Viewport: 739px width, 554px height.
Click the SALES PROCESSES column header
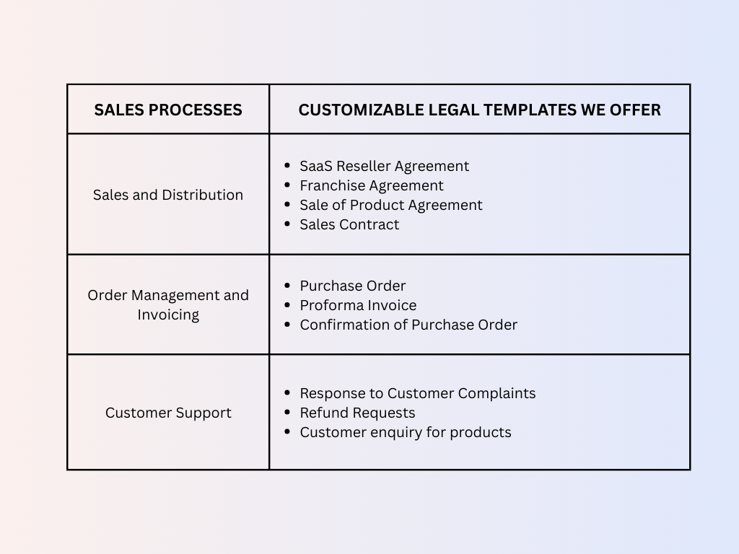pyautogui.click(x=168, y=110)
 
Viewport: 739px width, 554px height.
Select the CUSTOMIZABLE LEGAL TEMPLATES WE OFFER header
pyautogui.click(x=479, y=110)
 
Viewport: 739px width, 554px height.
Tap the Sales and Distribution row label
pyautogui.click(x=168, y=195)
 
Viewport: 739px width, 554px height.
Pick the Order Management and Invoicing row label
pyautogui.click(x=168, y=304)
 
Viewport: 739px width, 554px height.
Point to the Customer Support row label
pyautogui.click(x=168, y=413)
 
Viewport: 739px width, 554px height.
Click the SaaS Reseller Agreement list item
pyautogui.click(x=384, y=166)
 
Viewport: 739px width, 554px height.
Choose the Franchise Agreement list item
pyautogui.click(x=372, y=185)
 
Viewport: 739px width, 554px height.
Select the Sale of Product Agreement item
pyautogui.click(x=390, y=205)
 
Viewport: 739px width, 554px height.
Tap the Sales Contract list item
pyautogui.click(x=349, y=224)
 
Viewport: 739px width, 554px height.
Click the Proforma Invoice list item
pyautogui.click(x=358, y=305)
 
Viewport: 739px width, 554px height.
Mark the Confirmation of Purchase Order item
pyautogui.click(x=408, y=325)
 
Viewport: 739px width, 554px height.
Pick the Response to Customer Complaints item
pyautogui.click(x=417, y=393)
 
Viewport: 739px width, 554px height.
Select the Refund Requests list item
pyautogui.click(x=357, y=413)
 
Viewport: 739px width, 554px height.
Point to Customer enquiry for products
pyautogui.click(x=405, y=432)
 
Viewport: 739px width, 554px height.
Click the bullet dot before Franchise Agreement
pyautogui.click(x=287, y=185)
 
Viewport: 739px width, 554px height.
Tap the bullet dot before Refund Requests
pyautogui.click(x=287, y=413)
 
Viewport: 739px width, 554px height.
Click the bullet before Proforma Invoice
pyautogui.click(x=287, y=305)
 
